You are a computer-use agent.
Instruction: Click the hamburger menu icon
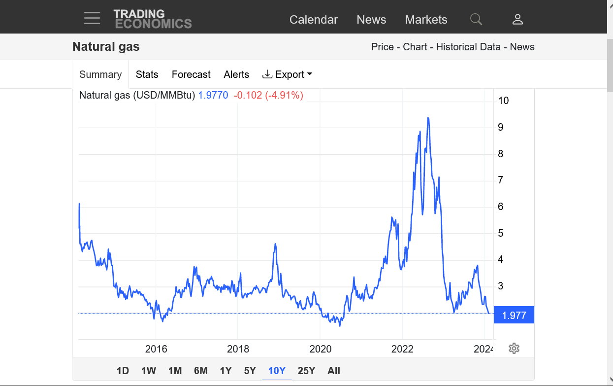[x=92, y=19]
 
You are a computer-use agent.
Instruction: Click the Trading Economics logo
[x=153, y=19]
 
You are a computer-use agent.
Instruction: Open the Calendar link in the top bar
[x=314, y=20]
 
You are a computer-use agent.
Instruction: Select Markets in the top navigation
[x=426, y=20]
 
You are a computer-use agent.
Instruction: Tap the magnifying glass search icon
[x=476, y=19]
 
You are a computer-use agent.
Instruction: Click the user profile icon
[x=517, y=19]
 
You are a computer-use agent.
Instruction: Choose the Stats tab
[x=147, y=74]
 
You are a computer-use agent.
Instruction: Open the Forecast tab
[x=191, y=74]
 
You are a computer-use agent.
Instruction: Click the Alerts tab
[x=236, y=74]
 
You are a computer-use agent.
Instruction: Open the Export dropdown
[x=288, y=74]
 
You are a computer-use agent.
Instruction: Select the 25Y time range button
[x=306, y=371]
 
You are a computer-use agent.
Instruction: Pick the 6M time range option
[x=201, y=371]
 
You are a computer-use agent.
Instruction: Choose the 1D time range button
[x=123, y=371]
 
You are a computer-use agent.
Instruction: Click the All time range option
[x=334, y=371]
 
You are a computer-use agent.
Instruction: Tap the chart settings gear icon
[x=514, y=349]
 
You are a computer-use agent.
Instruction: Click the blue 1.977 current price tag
[x=514, y=316]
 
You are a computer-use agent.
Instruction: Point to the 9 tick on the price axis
[x=501, y=127]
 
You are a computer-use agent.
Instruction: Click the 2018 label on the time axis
[x=238, y=349]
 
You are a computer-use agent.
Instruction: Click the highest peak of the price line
[x=428, y=118]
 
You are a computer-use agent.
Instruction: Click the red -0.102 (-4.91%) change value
[x=268, y=95]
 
